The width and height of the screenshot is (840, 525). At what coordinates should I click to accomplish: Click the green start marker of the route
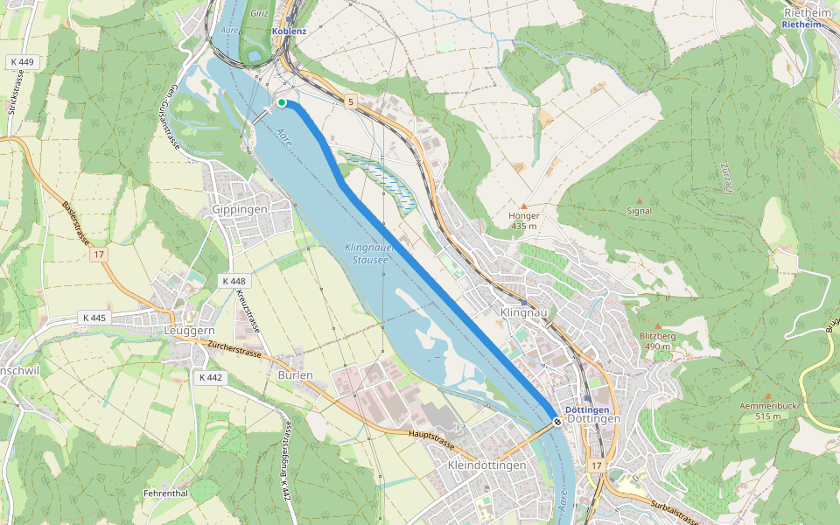pos(282,102)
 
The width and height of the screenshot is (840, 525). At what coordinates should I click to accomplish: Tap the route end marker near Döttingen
pos(557,422)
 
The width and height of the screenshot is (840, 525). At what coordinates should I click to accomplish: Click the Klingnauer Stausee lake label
pos(368,253)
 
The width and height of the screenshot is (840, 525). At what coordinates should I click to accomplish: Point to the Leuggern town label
pos(189,331)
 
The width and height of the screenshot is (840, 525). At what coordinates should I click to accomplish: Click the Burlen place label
pos(295,374)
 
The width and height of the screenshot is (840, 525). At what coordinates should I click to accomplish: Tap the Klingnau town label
pos(522,312)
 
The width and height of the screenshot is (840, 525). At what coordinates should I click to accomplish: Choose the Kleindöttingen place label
pos(486,465)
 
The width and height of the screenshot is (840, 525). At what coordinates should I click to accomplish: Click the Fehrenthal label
pos(166,493)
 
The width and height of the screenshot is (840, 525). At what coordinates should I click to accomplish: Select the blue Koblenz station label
pos(290,31)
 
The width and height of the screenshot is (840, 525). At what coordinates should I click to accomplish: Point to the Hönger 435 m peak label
pos(523,220)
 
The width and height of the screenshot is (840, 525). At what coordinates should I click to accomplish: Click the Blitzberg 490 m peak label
pos(657,340)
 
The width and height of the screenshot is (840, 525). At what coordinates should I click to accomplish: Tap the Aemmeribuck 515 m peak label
pos(767,410)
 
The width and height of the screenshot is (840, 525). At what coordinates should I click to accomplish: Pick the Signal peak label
pos(640,211)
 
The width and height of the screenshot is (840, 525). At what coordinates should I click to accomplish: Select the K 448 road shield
pos(234,281)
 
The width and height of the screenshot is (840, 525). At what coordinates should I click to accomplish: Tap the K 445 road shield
pos(94,317)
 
